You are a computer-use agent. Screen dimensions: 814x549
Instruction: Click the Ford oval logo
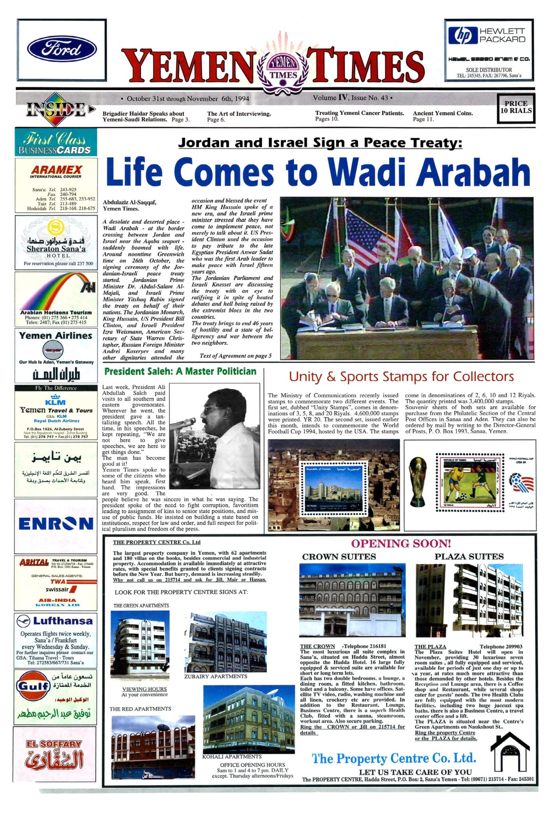(x=61, y=49)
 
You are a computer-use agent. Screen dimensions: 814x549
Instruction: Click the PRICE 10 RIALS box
(x=516, y=107)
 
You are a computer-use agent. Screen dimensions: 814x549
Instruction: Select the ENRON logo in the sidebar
(x=56, y=524)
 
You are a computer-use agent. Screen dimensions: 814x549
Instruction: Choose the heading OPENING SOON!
(x=401, y=544)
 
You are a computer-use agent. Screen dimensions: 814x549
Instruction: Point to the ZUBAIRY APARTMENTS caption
(x=216, y=676)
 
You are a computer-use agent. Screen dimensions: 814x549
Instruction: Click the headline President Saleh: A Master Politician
(x=180, y=371)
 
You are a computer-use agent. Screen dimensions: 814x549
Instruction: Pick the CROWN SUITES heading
(x=339, y=557)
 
